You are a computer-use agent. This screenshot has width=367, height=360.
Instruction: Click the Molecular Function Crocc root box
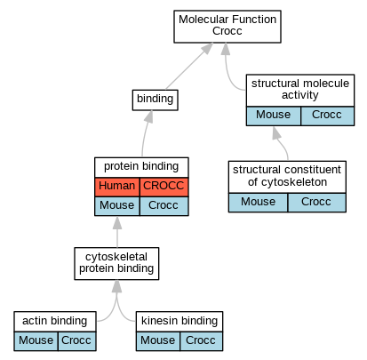point(227,27)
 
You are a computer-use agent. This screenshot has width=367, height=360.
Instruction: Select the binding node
point(155,100)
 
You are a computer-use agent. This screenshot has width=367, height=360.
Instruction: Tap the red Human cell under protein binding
point(117,187)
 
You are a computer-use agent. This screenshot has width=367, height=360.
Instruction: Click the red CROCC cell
point(164,187)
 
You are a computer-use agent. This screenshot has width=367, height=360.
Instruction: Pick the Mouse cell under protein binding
point(117,206)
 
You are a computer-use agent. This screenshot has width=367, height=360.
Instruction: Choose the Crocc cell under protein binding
point(164,206)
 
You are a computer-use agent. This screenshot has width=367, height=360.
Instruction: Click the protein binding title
point(141,166)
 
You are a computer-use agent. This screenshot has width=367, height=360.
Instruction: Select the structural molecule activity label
point(300,89)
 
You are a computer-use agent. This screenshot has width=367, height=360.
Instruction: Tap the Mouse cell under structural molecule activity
point(273,116)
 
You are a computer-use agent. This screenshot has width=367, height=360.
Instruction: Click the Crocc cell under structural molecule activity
point(327,116)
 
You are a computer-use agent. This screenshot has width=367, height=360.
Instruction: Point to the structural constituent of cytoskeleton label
point(287,176)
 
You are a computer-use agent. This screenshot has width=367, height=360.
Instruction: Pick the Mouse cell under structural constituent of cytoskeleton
point(258,203)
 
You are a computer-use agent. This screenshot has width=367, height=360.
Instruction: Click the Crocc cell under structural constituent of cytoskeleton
point(316,203)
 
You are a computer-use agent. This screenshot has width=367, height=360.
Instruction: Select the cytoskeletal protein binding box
point(116,263)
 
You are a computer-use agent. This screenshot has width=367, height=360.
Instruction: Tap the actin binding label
point(55,321)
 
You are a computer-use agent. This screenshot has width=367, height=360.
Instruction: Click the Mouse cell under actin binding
point(36,341)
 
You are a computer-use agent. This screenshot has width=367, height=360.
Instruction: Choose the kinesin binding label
point(180,321)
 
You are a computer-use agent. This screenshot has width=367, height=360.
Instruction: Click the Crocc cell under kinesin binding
point(201,341)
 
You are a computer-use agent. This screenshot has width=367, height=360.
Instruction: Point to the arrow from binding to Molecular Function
point(189,66)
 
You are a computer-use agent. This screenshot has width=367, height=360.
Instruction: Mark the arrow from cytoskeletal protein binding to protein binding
point(117,232)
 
